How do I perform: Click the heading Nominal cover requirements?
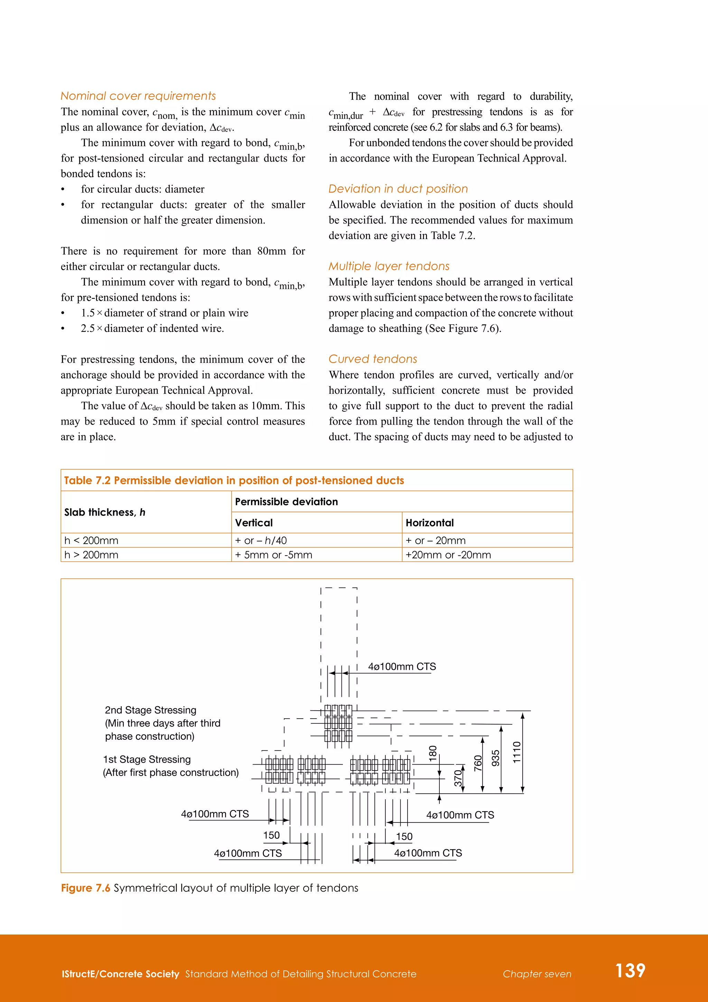[x=138, y=96]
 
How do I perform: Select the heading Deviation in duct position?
[x=398, y=189]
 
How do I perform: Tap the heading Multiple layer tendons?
[x=389, y=266]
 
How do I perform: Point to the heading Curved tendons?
[x=373, y=359]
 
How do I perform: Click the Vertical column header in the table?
[x=254, y=523]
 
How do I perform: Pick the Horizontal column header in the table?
[x=429, y=523]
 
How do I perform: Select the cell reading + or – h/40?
[x=261, y=541]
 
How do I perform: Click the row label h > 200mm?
[x=91, y=555]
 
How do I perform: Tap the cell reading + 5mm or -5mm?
[x=273, y=555]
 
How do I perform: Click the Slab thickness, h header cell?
[x=105, y=512]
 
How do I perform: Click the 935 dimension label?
[x=496, y=758]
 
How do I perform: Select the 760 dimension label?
[x=478, y=763]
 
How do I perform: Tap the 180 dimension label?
[x=433, y=753]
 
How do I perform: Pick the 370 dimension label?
[x=458, y=778]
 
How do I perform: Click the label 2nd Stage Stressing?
[x=150, y=710]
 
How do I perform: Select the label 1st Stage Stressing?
[x=147, y=760]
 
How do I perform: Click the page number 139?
[x=630, y=971]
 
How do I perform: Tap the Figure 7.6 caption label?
[x=85, y=888]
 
